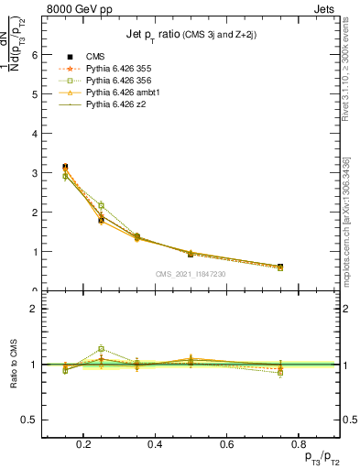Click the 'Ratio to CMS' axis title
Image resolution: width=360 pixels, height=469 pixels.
(13, 364)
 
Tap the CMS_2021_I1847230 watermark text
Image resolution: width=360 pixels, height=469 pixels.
(191, 274)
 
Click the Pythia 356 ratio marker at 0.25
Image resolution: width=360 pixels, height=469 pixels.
(101, 349)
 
